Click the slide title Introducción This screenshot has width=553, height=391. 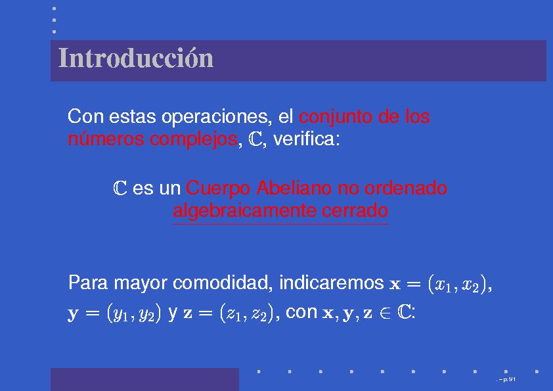[x=136, y=58]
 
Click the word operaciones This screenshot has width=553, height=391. [x=217, y=117]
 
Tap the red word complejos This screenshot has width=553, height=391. [x=194, y=139]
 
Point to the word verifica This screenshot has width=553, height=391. [x=307, y=139]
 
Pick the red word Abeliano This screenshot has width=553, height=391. [x=294, y=188]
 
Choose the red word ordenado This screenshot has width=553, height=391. [x=406, y=188]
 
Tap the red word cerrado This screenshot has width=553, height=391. [x=355, y=211]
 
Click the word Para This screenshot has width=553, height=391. [x=88, y=283]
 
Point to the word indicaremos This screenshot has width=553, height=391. [x=332, y=283]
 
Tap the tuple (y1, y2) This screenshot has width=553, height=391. [x=134, y=313]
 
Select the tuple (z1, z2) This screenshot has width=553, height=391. [x=247, y=313]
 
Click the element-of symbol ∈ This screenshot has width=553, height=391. [x=385, y=313]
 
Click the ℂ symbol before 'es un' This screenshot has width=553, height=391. [x=120, y=188]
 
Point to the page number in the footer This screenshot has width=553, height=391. [x=507, y=380]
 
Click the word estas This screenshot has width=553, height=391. [x=132, y=117]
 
